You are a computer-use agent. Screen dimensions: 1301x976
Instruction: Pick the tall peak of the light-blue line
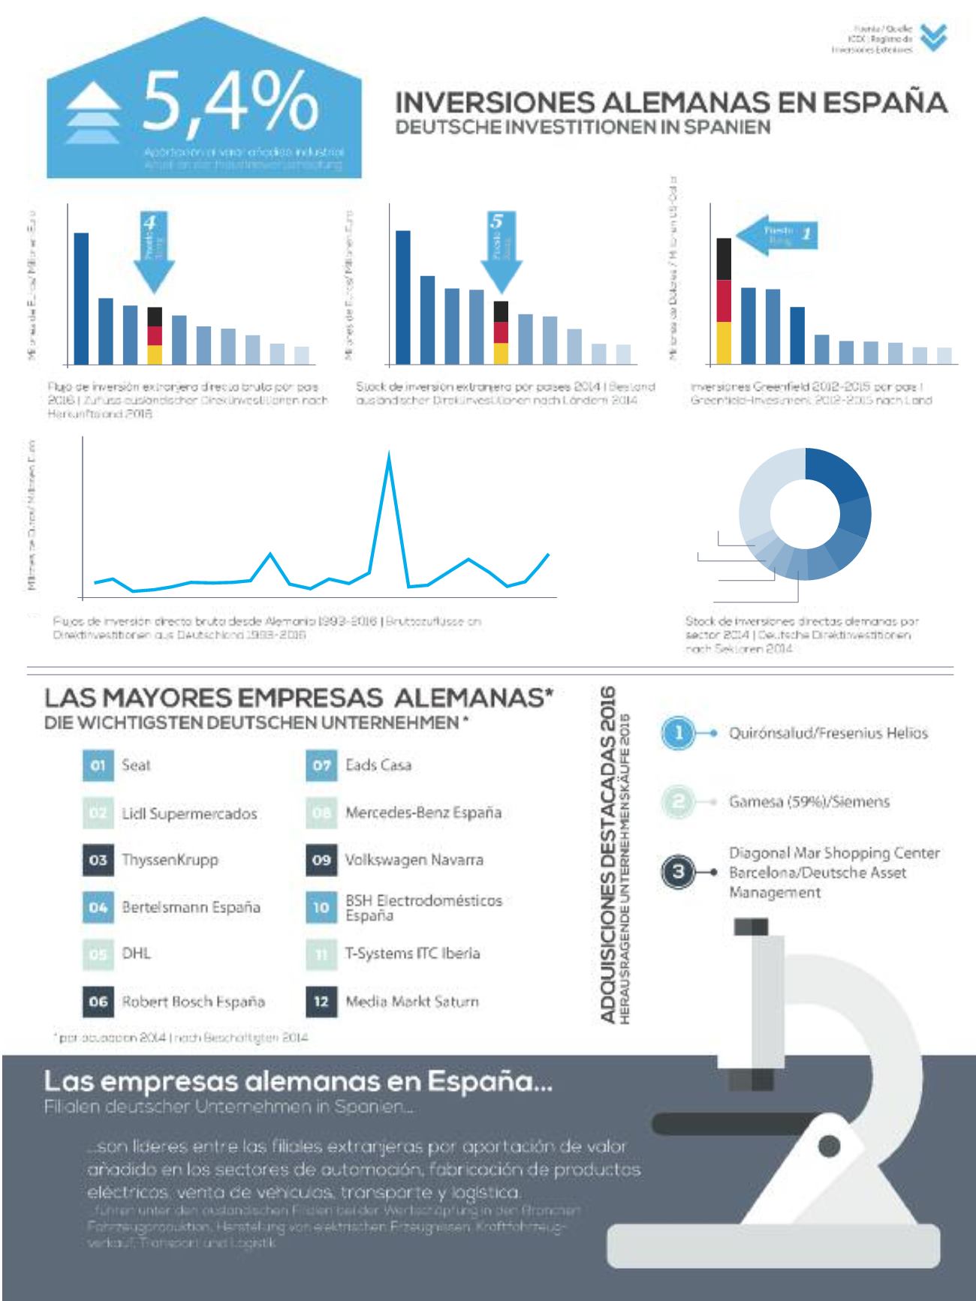[388, 456]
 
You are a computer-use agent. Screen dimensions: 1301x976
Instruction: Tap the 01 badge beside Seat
[98, 766]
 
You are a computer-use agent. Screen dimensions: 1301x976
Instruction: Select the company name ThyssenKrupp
[170, 860]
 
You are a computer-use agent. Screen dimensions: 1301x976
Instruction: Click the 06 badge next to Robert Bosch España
[98, 1001]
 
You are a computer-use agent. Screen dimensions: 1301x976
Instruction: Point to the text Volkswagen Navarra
[414, 860]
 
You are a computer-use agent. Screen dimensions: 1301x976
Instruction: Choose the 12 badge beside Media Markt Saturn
[321, 1001]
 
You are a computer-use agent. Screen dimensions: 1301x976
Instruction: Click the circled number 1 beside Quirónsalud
[678, 733]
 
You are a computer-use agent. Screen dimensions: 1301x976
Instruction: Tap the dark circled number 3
[678, 872]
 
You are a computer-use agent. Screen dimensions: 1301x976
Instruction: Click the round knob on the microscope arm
[829, 1145]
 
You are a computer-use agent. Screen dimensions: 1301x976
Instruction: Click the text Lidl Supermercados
[189, 814]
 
